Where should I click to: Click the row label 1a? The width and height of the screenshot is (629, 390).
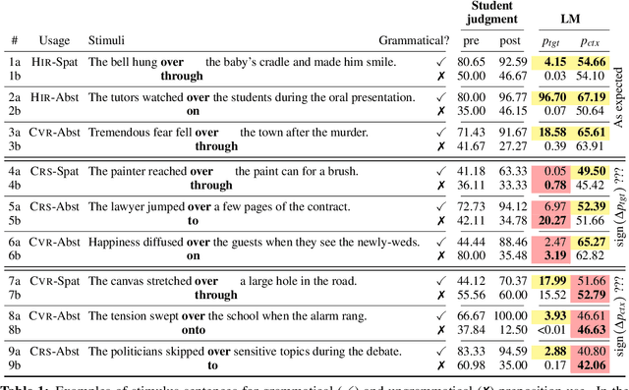point(15,61)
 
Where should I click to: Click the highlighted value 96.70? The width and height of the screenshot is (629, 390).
point(551,96)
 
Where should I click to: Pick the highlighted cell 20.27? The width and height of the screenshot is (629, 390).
point(551,220)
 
